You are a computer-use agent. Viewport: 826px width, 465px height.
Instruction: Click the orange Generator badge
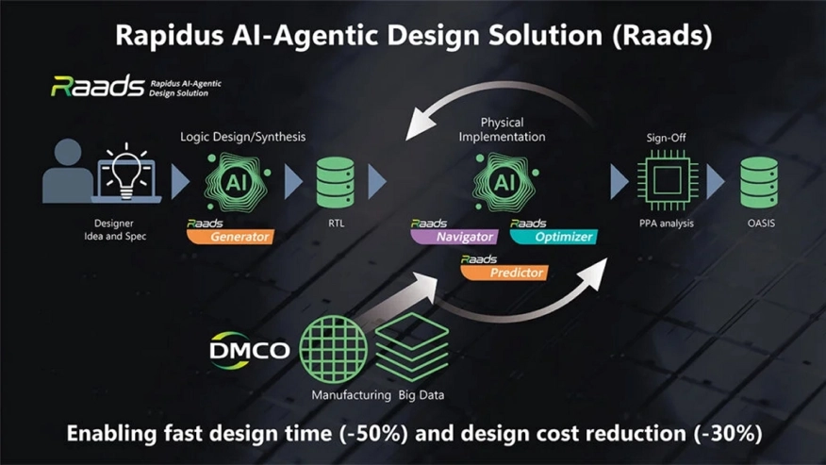(x=230, y=237)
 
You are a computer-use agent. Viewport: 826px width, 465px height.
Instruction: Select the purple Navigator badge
(x=454, y=237)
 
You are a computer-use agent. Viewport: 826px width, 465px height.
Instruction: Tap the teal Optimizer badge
(x=553, y=237)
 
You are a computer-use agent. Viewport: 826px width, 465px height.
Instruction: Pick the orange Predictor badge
(x=504, y=273)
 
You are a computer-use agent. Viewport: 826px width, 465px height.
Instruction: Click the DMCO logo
(x=249, y=350)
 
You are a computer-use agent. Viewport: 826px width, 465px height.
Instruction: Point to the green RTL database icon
(x=336, y=182)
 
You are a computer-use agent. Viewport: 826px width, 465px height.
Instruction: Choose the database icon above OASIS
(x=759, y=182)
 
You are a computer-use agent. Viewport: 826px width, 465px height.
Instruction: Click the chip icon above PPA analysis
(x=668, y=180)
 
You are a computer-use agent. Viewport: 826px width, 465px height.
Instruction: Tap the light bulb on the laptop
(x=126, y=172)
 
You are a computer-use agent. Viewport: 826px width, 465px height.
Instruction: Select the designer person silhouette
(x=68, y=171)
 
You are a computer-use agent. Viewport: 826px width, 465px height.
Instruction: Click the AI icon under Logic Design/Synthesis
(x=237, y=182)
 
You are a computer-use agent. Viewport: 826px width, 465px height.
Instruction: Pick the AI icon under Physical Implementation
(x=505, y=182)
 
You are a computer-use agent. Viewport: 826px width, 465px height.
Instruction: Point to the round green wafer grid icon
(x=334, y=349)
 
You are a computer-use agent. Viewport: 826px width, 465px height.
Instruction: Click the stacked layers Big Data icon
(x=412, y=347)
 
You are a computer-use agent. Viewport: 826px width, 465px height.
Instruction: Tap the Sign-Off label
(x=666, y=138)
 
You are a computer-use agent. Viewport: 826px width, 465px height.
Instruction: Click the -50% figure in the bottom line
(x=373, y=433)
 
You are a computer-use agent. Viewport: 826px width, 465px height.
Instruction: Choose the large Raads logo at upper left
(x=97, y=87)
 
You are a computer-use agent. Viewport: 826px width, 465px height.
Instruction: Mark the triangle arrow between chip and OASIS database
(x=716, y=182)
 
